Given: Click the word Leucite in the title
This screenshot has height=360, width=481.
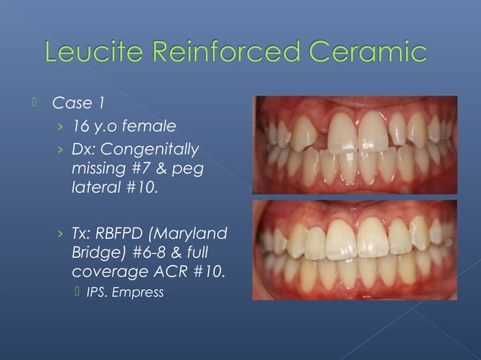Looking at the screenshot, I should click(x=97, y=54).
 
